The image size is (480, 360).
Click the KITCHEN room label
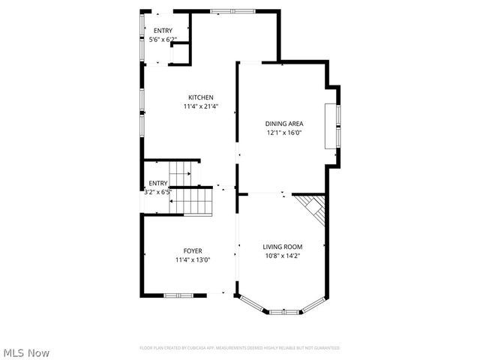[201, 97]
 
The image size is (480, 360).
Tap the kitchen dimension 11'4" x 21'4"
[201, 106]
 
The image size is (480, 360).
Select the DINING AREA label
[283, 124]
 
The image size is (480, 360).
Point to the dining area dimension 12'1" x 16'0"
[283, 133]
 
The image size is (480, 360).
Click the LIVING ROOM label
[283, 247]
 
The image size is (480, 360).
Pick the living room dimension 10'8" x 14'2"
[283, 256]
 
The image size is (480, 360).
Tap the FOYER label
[193, 250]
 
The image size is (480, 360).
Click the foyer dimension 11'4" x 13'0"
[193, 259]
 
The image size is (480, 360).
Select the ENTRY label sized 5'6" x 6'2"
[163, 31]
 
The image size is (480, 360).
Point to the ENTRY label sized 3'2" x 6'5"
[157, 183]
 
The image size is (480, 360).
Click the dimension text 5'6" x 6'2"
[163, 39]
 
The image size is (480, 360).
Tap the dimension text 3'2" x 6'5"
[158, 192]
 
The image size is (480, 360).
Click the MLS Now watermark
[26, 352]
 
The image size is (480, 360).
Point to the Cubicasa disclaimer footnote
[240, 348]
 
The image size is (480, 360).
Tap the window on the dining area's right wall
[338, 124]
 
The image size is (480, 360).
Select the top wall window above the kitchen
[232, 10]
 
